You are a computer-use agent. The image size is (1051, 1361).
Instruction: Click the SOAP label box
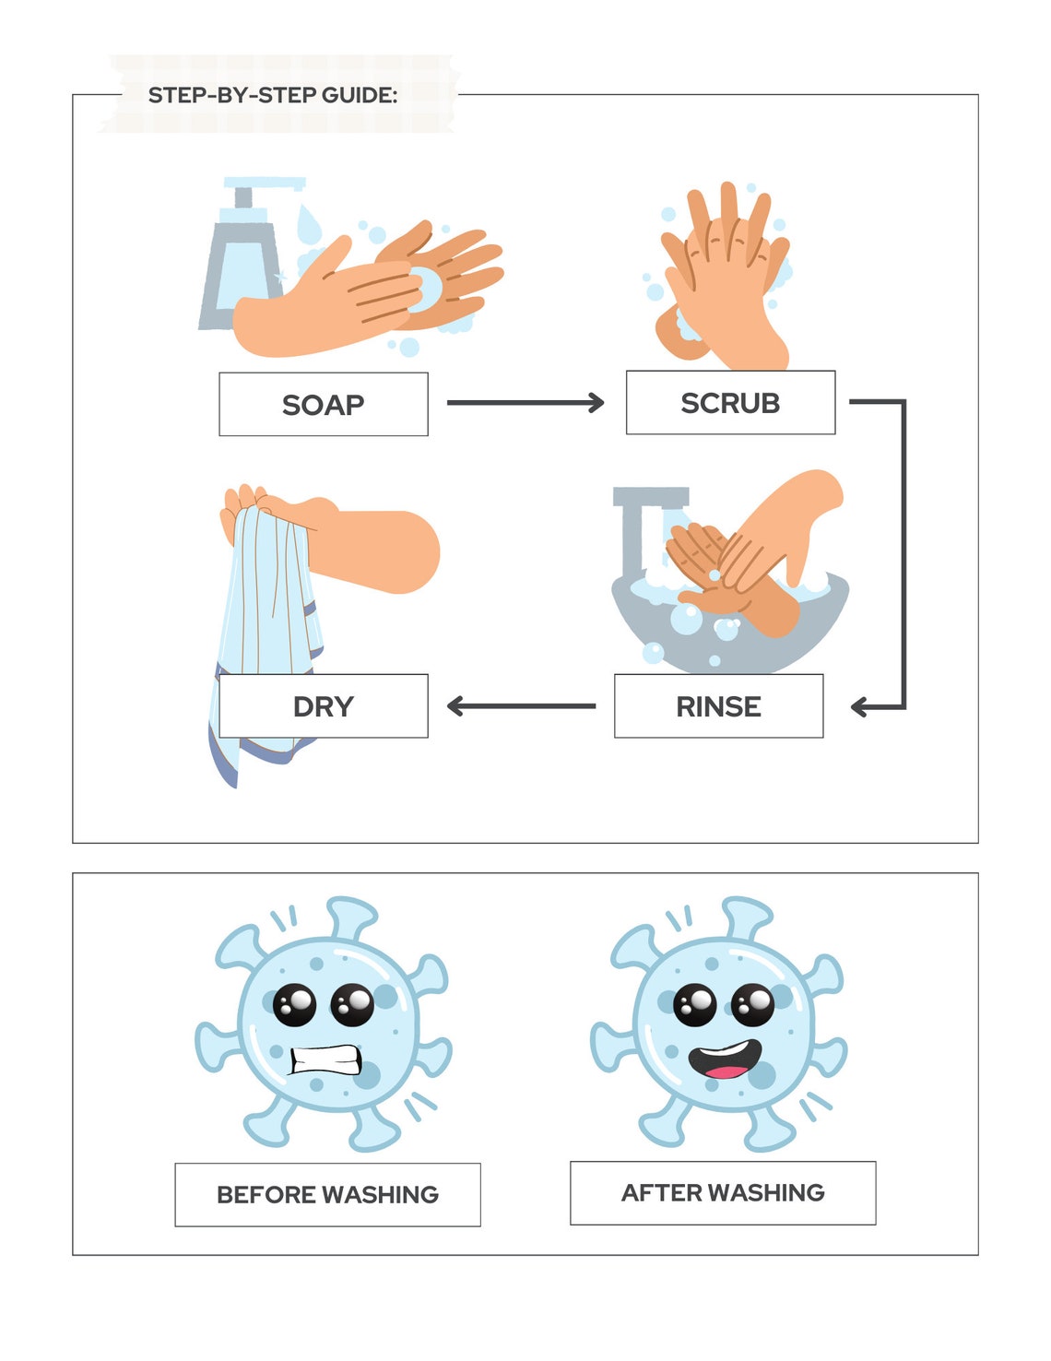(323, 404)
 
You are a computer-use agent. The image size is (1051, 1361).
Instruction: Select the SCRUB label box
(730, 402)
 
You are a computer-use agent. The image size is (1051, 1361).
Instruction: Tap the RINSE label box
(718, 706)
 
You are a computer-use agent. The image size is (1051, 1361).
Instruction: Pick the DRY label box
(323, 706)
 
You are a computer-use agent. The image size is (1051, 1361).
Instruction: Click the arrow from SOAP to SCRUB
(524, 402)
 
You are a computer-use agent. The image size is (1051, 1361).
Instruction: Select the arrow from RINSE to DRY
(521, 706)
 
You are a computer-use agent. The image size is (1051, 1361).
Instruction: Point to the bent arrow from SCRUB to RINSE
(903, 553)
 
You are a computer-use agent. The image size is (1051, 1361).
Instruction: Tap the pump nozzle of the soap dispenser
(267, 183)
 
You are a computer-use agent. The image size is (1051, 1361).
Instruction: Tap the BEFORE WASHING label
(327, 1194)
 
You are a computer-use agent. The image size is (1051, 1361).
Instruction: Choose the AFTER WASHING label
(723, 1192)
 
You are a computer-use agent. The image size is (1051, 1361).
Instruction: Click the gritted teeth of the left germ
(325, 1059)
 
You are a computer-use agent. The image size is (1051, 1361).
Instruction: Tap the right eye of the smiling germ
(753, 1004)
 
